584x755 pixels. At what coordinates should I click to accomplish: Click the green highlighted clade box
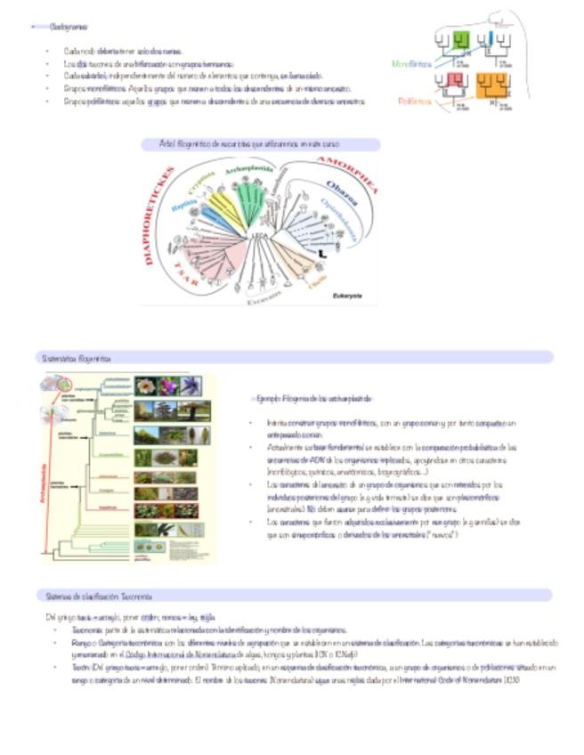(x=460, y=40)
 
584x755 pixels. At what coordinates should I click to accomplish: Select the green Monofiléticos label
(x=411, y=64)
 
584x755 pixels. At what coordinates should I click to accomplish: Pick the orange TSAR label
(x=188, y=270)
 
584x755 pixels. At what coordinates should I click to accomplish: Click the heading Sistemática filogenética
(x=77, y=358)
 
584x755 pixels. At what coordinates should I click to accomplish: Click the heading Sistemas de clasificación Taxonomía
(x=99, y=596)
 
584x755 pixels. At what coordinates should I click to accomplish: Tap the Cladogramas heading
(x=69, y=28)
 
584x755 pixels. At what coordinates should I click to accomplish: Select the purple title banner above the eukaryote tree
(x=261, y=143)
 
